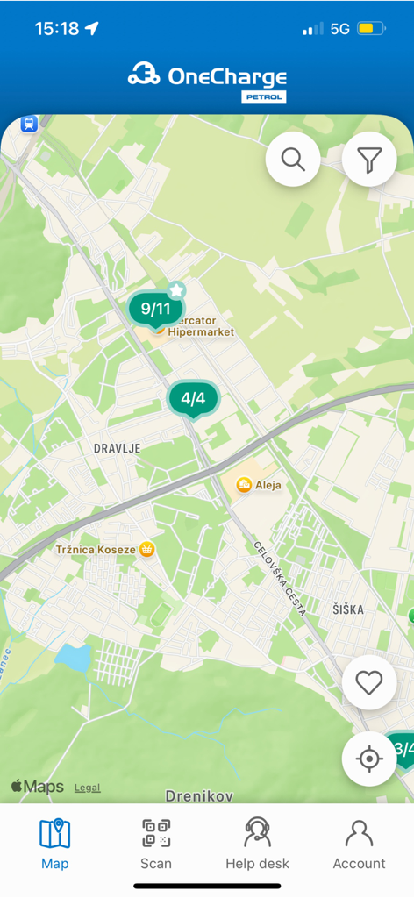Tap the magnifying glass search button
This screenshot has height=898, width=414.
[293, 160]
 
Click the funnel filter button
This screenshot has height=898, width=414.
[369, 160]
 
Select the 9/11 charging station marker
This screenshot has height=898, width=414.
[155, 309]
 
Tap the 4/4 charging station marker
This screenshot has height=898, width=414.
[193, 398]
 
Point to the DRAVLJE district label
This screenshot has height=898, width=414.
[117, 448]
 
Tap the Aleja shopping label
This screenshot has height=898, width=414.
[268, 484]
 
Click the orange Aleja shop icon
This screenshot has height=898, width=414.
[244, 484]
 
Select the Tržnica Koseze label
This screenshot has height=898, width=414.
[95, 550]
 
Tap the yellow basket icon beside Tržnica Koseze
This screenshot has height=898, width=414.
[147, 549]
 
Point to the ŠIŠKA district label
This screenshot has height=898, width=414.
[348, 609]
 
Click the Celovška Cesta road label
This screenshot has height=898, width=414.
[279, 580]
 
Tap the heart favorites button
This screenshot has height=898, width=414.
[369, 682]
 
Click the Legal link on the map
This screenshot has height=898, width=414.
[87, 788]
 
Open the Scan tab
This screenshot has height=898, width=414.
[156, 844]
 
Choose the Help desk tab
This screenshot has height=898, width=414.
[257, 844]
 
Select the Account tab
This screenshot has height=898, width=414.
[359, 844]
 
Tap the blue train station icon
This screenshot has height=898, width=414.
[29, 125]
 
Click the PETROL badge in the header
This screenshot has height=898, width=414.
[264, 97]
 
